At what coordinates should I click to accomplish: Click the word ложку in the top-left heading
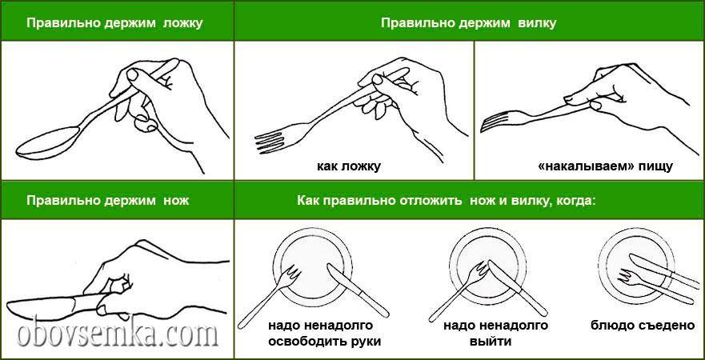point(181,23)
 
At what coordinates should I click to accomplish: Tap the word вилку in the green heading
point(537,23)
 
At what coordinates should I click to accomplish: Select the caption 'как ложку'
point(349,166)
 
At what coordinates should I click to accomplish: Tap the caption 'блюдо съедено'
point(643,326)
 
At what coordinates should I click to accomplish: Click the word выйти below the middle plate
point(491,341)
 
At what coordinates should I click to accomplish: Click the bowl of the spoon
point(48,142)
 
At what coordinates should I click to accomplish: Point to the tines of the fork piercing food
point(495,121)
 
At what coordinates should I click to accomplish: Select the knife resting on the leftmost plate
point(358,290)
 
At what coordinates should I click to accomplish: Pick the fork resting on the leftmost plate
point(270,295)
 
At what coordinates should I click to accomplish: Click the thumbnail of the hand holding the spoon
point(133,74)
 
